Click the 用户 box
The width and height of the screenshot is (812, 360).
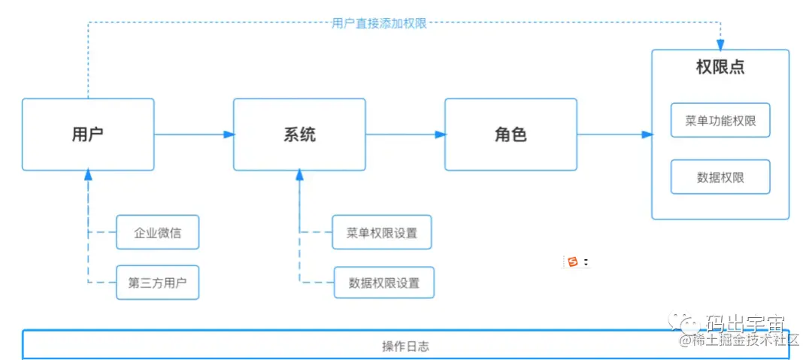click(87, 135)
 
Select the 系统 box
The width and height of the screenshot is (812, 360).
click(299, 135)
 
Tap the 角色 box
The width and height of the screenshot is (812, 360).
click(511, 135)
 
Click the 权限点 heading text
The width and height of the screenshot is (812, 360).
click(720, 68)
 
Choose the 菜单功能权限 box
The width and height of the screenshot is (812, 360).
click(720, 120)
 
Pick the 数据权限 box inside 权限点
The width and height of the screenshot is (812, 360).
click(720, 177)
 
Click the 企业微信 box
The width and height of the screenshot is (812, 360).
click(158, 232)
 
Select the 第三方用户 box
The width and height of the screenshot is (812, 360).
click(158, 283)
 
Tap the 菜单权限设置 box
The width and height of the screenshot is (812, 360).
click(382, 232)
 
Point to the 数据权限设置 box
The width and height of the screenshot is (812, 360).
click(383, 283)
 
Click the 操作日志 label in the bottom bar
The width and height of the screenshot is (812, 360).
click(405, 346)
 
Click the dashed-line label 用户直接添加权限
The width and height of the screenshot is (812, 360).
click(379, 23)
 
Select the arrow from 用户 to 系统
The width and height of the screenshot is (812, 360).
click(194, 135)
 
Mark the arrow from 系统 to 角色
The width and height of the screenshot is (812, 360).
click(406, 135)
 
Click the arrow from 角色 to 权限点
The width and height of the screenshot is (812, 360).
click(614, 135)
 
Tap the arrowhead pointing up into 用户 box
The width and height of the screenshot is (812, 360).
click(88, 176)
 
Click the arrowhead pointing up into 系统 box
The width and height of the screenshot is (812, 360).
click(299, 176)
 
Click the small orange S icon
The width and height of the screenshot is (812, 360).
click(573, 262)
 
